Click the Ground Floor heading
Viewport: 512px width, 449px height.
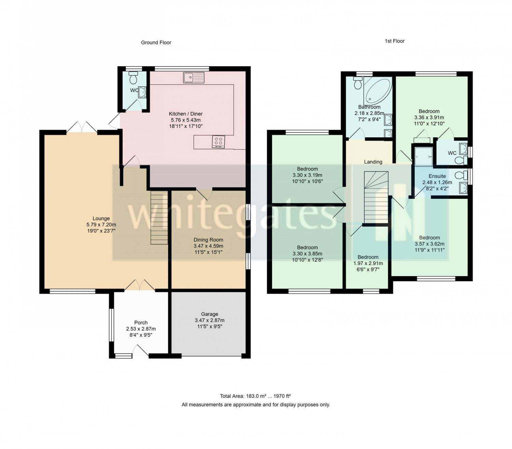click(156, 42)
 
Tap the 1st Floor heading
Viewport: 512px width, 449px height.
click(395, 41)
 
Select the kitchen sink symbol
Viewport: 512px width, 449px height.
click(194, 78)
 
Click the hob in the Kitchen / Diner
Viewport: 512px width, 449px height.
click(218, 142)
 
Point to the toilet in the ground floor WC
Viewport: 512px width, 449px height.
click(133, 78)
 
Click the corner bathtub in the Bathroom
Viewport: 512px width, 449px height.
click(378, 91)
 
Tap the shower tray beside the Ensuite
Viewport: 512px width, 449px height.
click(424, 156)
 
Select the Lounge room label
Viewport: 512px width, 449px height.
click(101, 219)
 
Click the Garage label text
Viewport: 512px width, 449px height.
click(210, 314)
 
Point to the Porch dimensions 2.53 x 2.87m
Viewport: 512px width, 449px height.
click(141, 329)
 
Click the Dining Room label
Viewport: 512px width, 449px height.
click(209, 240)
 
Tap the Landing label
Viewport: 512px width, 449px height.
click(373, 162)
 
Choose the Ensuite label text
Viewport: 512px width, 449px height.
click(437, 176)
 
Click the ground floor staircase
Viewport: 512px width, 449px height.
click(159, 218)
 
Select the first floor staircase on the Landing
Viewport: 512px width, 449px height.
click(376, 197)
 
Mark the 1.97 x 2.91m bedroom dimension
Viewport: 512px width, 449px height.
click(368, 264)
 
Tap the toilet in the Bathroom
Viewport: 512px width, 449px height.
click(357, 83)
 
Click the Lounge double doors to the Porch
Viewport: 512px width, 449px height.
click(140, 284)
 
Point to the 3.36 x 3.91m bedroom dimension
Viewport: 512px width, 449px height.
click(429, 117)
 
